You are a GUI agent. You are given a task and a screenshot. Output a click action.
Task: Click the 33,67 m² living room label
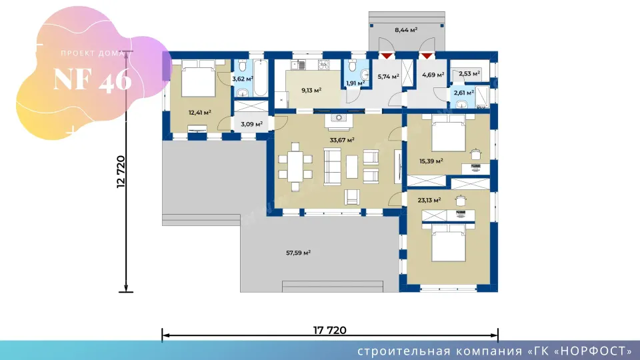(x=341, y=140)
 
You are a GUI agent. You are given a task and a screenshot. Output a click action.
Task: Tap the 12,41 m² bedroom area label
(x=199, y=113)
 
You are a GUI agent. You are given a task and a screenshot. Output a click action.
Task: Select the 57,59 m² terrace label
(x=299, y=253)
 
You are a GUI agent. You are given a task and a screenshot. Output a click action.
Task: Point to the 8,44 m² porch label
(x=406, y=30)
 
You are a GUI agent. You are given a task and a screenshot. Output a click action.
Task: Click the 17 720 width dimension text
(x=330, y=330)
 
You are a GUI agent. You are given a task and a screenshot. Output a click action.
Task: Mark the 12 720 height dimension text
(x=121, y=171)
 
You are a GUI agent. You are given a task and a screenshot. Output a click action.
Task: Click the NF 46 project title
(x=93, y=79)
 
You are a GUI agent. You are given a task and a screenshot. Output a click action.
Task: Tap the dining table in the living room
(x=295, y=167)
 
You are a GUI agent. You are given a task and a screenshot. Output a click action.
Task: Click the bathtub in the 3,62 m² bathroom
(x=261, y=79)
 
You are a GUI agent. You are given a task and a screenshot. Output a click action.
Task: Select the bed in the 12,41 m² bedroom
(x=198, y=79)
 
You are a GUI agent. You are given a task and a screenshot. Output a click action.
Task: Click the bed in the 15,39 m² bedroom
(x=449, y=133)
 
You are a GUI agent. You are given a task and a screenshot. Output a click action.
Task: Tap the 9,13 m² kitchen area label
(x=311, y=90)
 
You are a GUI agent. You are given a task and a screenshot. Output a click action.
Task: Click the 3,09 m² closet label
(x=251, y=124)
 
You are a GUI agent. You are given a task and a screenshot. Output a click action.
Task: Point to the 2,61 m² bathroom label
(x=464, y=93)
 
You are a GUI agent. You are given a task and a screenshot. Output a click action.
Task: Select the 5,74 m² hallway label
(x=388, y=76)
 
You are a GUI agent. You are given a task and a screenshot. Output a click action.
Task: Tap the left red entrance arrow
(x=387, y=56)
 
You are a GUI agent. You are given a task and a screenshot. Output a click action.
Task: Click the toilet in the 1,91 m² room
(x=353, y=65)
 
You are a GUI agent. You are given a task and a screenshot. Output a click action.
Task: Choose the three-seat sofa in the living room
(x=332, y=167)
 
